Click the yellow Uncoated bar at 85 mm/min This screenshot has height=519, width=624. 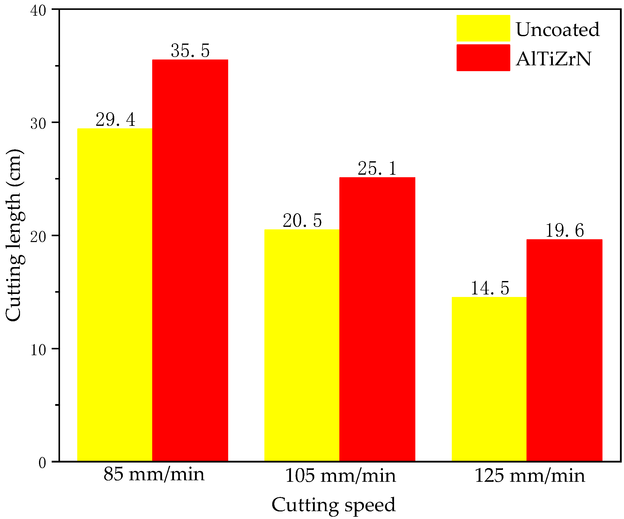(x=115, y=294)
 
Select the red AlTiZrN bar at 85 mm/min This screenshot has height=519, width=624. (x=190, y=260)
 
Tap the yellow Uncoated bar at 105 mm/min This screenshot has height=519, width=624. (x=302, y=345)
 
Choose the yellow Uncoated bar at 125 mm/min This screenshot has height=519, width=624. (x=489, y=378)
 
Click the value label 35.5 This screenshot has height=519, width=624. (x=190, y=50)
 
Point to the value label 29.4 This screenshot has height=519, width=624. (x=115, y=119)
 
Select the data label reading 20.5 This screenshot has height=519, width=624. (x=302, y=221)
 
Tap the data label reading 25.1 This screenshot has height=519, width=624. (x=377, y=168)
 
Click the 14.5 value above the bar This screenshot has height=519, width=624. (x=490, y=288)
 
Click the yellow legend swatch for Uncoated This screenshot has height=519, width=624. (x=483, y=28)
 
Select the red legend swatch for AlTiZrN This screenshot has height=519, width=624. (x=483, y=58)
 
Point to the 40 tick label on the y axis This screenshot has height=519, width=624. (x=38, y=11)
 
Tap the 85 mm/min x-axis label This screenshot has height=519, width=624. (x=154, y=474)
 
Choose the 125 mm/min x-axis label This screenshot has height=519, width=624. (x=530, y=475)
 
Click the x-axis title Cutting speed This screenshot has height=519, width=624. (x=333, y=505)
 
